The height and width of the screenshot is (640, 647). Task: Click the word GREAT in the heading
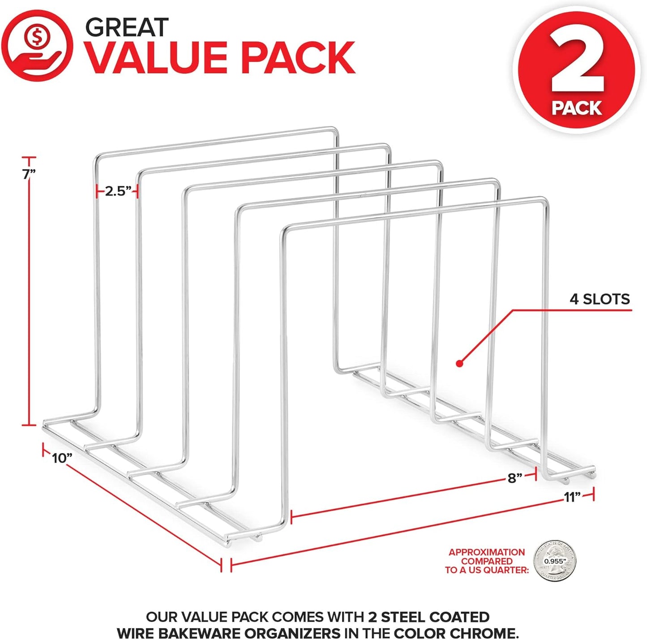(127, 28)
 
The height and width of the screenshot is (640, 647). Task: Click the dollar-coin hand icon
(37, 46)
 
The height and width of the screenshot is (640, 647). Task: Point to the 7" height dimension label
(29, 174)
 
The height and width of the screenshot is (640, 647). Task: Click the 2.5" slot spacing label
(118, 192)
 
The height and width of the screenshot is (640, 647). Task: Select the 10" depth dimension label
(62, 458)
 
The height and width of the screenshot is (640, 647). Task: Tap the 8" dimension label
(515, 478)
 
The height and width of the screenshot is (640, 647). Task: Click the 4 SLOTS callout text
(600, 299)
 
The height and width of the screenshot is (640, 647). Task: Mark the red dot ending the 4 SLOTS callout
(459, 363)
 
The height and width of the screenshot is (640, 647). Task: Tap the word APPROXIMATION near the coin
(487, 552)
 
